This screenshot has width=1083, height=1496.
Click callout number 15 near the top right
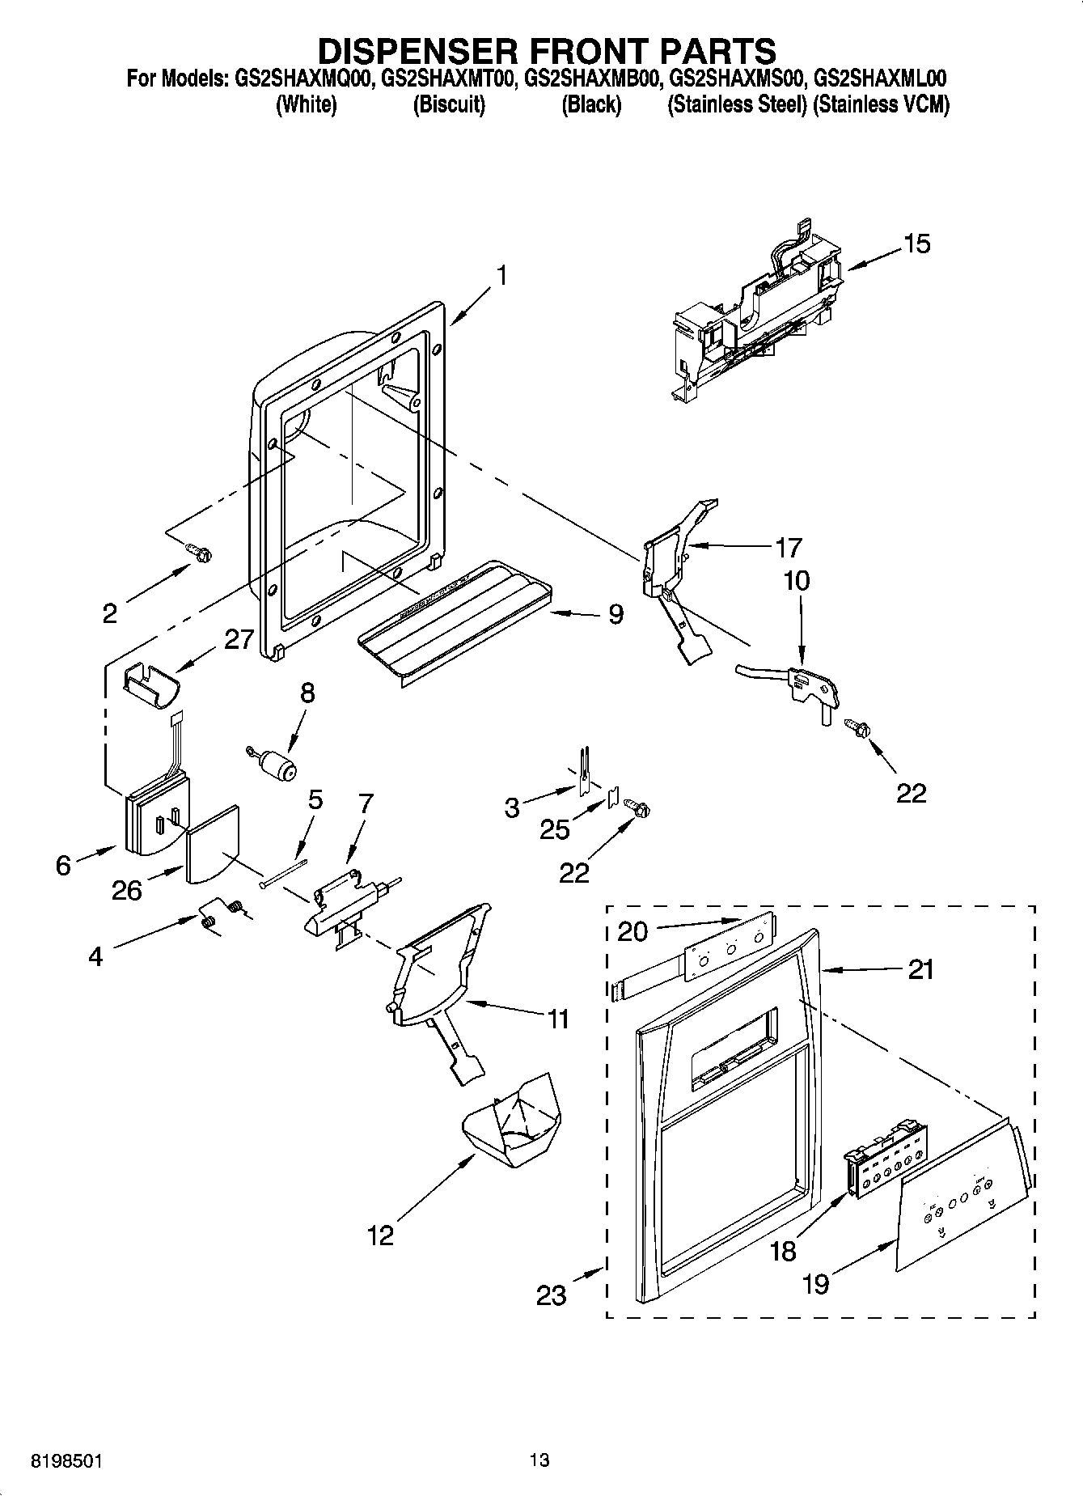coord(917,243)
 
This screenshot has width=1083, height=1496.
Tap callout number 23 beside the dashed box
coord(552,1295)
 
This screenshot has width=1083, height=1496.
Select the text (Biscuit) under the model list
coord(448,104)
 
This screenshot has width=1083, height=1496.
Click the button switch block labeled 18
coord(886,1161)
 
